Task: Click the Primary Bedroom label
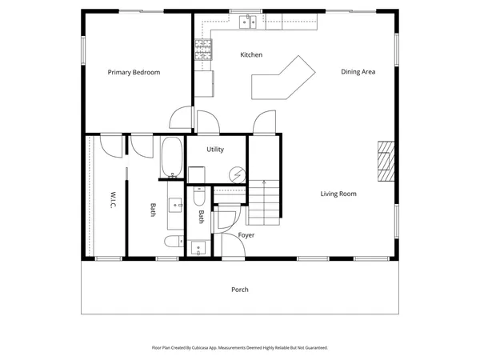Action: tap(134, 73)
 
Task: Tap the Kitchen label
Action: tap(252, 55)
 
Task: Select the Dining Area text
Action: tap(358, 72)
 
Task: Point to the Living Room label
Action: tap(338, 194)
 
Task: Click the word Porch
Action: tap(239, 290)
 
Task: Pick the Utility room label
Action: tap(215, 150)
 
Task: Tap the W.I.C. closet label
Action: tap(113, 201)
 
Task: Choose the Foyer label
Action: tap(246, 235)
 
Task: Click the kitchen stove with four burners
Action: tap(203, 50)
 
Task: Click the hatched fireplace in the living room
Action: tap(386, 164)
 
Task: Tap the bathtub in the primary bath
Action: tap(172, 158)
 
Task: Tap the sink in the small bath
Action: tap(198, 246)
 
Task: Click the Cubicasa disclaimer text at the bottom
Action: tap(239, 348)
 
